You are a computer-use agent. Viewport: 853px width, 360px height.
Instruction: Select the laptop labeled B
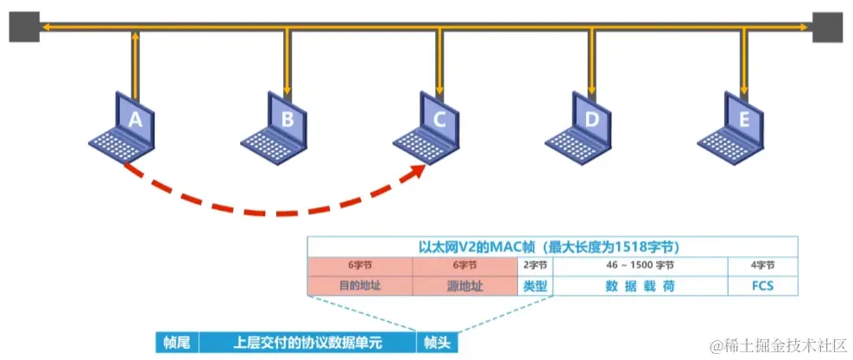[x=278, y=126]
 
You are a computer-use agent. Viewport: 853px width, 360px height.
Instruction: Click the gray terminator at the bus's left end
[x=23, y=27]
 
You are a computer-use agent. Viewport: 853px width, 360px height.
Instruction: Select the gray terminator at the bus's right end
[x=827, y=27]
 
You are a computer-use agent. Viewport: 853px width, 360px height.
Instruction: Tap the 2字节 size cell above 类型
[x=535, y=265]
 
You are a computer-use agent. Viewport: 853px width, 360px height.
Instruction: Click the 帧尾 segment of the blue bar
[x=177, y=343]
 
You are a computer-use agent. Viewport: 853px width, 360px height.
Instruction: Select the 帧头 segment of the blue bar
[x=433, y=343]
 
